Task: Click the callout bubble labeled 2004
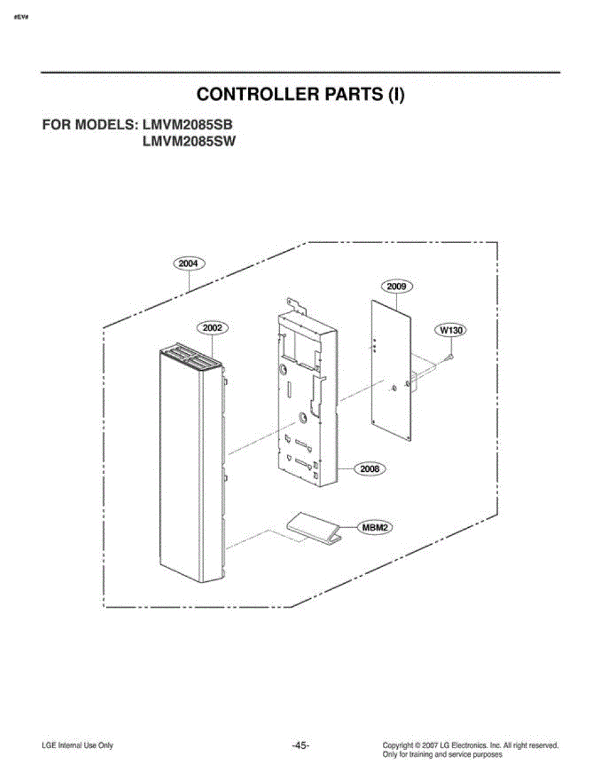189,263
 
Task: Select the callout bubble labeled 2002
212,328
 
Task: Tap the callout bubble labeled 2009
396,287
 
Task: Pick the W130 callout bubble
451,330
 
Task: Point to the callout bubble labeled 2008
370,469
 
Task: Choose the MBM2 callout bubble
374,528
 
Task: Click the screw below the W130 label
449,356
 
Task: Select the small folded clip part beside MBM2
313,527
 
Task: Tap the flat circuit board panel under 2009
391,371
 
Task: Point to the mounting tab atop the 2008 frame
296,304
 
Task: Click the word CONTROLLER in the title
258,94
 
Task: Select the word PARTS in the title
354,94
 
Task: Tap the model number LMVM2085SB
188,124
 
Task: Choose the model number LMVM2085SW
189,141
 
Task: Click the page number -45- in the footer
301,746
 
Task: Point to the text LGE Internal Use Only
77,746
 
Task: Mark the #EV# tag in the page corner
21,18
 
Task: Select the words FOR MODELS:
91,124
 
